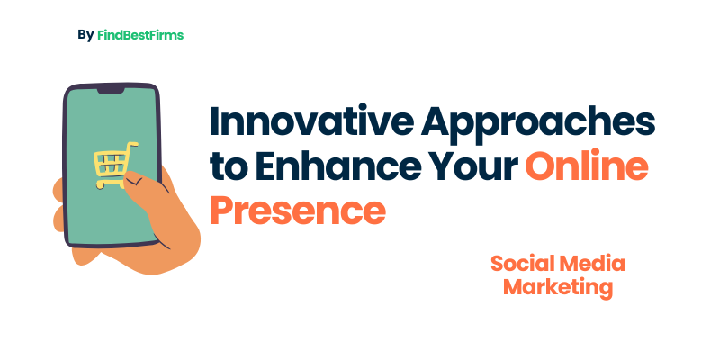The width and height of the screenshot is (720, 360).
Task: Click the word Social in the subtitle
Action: pyautogui.click(x=523, y=264)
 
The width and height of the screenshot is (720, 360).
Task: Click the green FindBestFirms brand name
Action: pyautogui.click(x=140, y=35)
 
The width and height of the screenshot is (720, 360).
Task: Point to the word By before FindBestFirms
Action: pyautogui.click(x=85, y=35)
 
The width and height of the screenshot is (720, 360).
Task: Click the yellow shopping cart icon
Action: pyautogui.click(x=115, y=165)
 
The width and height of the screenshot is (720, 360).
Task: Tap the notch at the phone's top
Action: pyautogui.click(x=111, y=91)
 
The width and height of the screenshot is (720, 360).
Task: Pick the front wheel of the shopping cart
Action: pyautogui.click(x=101, y=185)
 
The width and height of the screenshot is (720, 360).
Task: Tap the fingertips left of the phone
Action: pyautogui.click(x=58, y=207)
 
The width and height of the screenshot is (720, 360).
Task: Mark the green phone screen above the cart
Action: pyautogui.click(x=112, y=117)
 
